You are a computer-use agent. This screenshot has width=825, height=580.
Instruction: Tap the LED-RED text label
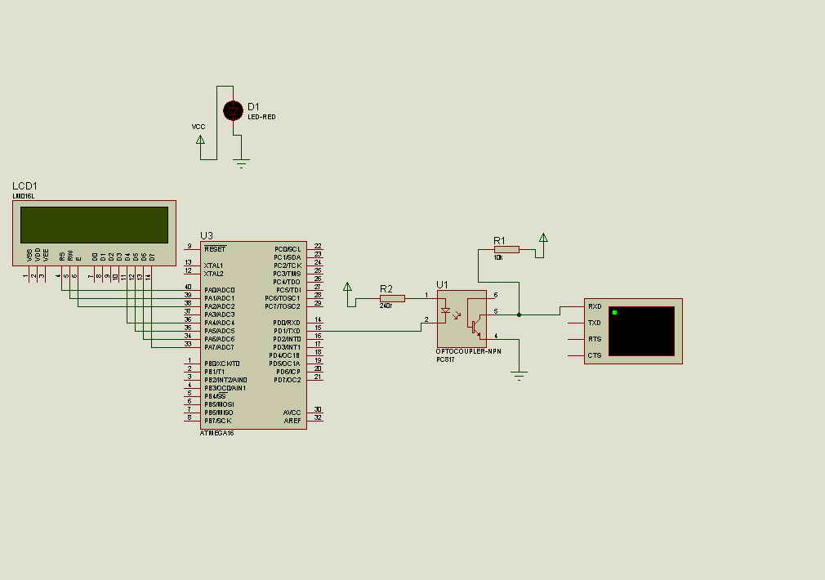point(261,118)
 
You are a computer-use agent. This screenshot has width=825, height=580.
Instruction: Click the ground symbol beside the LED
point(242,163)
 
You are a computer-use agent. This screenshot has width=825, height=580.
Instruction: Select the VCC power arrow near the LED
point(200,140)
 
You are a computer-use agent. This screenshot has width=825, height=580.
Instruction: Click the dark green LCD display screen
point(94,225)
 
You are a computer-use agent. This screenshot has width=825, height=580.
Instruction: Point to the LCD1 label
point(25,186)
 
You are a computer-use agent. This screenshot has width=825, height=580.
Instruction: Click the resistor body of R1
point(506,249)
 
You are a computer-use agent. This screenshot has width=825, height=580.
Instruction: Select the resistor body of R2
point(392,298)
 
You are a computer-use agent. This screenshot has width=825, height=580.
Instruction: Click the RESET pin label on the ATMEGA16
point(215,249)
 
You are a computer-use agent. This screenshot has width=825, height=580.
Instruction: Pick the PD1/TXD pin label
point(287,331)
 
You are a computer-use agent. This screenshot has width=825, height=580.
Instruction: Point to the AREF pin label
point(292,421)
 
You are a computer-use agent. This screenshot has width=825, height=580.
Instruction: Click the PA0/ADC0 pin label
point(220,290)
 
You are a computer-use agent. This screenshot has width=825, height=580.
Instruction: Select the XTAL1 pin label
point(213,265)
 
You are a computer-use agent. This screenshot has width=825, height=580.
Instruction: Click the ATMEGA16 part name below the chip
point(216,433)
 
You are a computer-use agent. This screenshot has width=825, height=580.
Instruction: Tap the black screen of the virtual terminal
point(641,331)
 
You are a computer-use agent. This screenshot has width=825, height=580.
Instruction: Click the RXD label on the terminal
point(595,307)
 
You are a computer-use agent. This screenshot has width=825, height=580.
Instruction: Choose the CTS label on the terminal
point(595,355)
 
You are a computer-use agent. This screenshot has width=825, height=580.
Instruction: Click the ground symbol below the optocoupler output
point(518,375)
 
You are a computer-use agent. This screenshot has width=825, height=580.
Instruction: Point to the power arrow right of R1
point(543,239)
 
